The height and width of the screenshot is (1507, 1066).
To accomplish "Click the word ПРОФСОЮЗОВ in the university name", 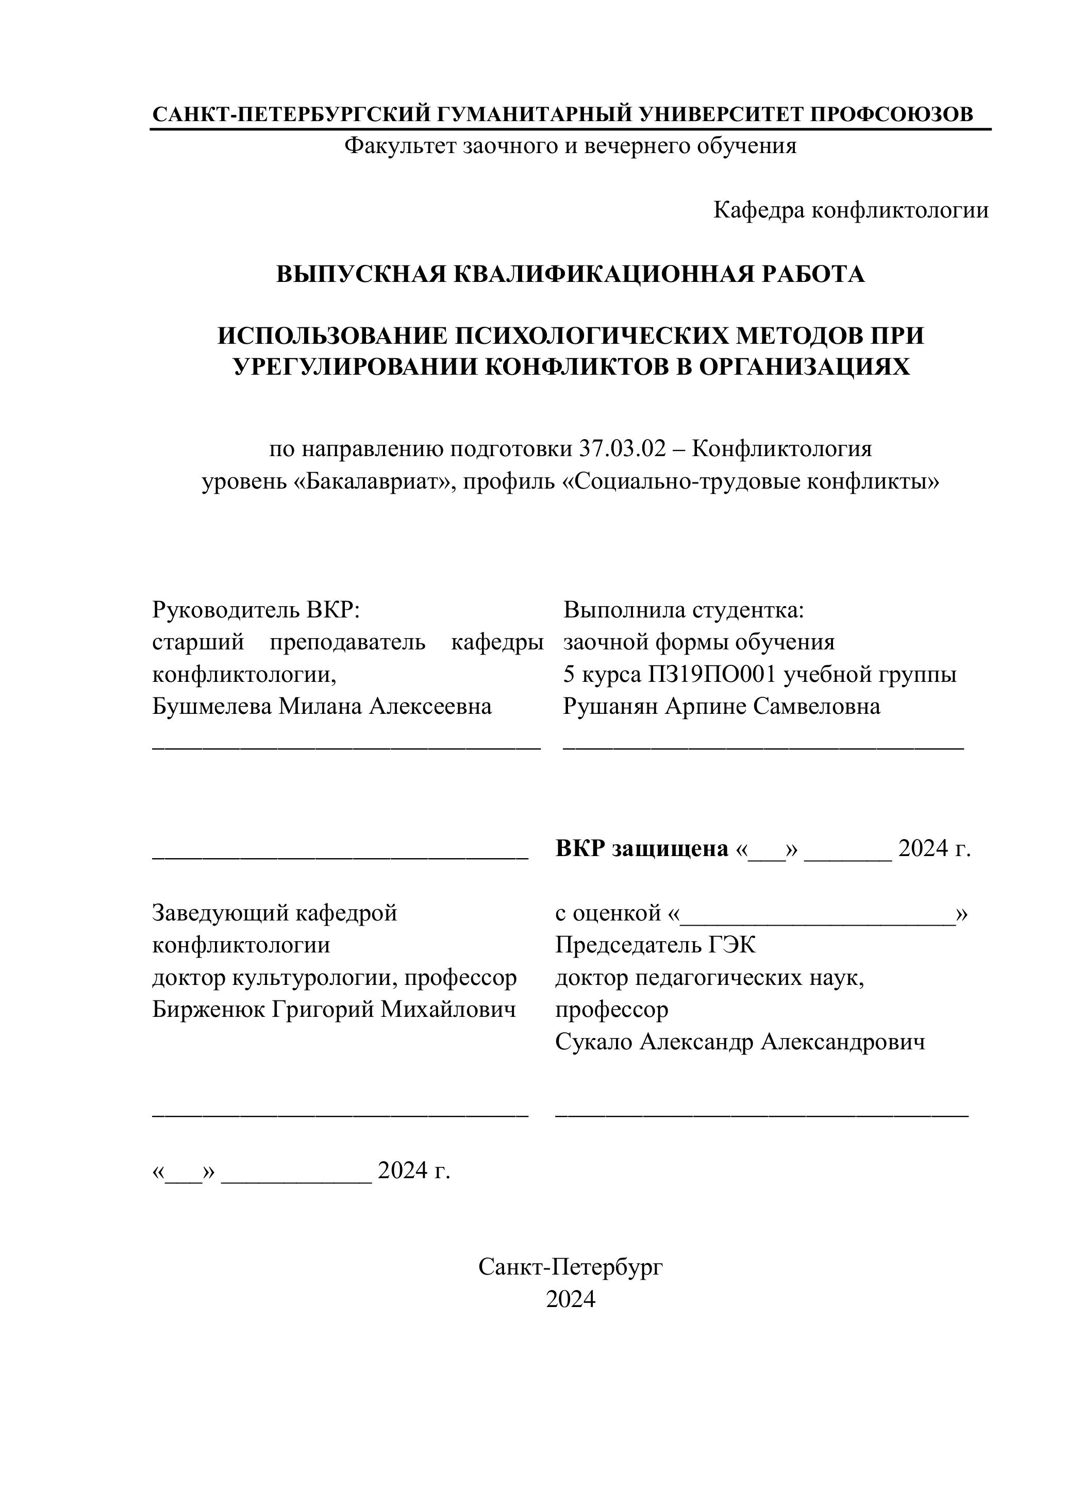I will [x=891, y=114].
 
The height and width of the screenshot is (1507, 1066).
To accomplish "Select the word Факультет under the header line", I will [x=401, y=146].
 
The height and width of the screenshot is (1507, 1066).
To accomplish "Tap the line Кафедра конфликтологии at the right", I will [x=851, y=210].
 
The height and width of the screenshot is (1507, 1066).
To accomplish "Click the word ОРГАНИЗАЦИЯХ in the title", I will [x=804, y=367].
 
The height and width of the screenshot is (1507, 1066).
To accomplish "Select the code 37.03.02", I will [x=622, y=449].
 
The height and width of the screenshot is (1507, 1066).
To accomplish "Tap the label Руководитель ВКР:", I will [x=257, y=610].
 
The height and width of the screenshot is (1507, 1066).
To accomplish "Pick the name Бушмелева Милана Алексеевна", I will [x=322, y=707].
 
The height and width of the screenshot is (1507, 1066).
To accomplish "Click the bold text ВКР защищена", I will [x=641, y=849].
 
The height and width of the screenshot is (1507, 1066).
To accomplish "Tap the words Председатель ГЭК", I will [x=655, y=945].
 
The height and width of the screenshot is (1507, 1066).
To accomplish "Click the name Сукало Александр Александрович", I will [x=740, y=1042].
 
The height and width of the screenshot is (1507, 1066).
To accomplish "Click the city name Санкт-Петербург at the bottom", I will [x=570, y=1267].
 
